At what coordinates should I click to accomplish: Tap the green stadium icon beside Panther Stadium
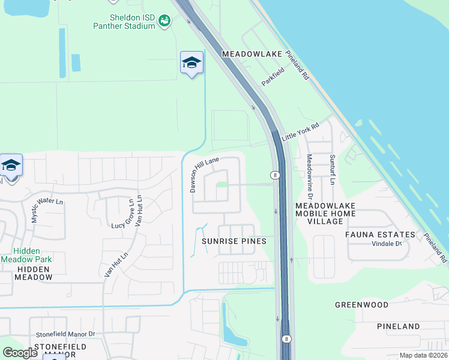163,21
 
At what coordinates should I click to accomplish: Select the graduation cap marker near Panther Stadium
191,63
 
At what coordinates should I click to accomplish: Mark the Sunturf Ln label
331,170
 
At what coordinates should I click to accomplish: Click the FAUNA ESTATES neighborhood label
380,235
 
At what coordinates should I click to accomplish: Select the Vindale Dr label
386,244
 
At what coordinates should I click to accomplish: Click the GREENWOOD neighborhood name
362,305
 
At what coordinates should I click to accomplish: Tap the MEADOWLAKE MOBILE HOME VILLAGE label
326,213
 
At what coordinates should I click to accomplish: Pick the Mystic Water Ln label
47,208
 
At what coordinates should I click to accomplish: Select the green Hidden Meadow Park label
26,255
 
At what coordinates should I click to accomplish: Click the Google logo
20,353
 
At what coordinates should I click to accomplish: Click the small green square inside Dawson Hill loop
221,184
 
